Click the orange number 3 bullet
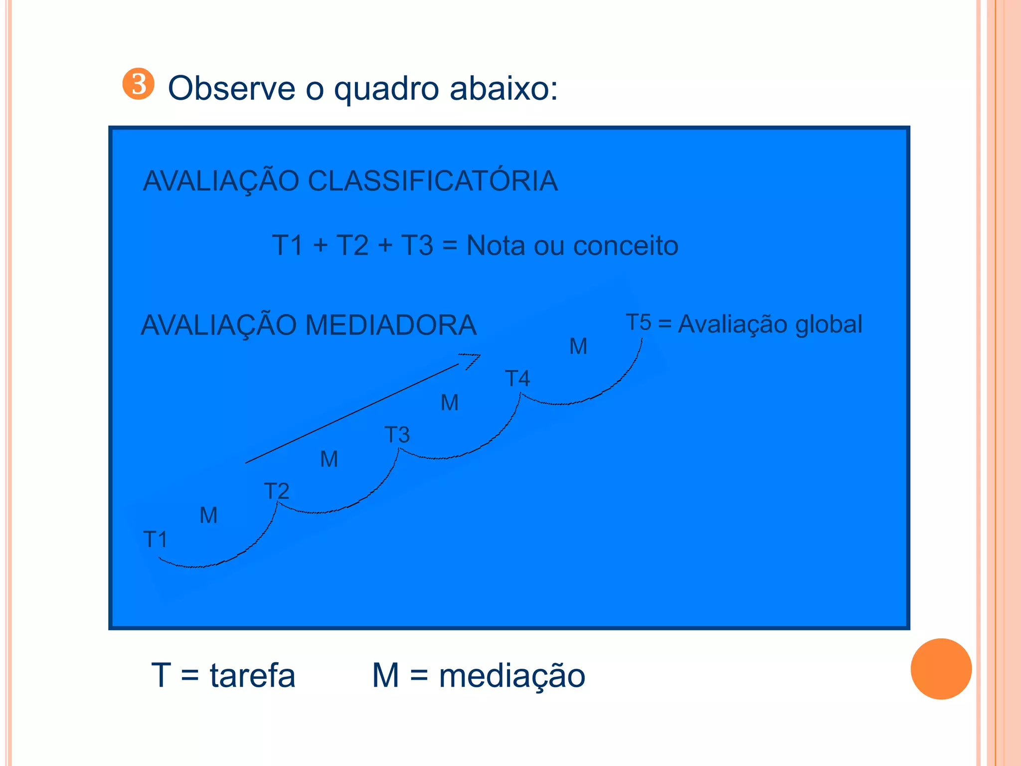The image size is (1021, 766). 138,84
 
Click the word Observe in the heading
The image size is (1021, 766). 231,89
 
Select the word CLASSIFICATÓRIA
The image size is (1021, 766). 432,181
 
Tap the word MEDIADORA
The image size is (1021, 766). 391,325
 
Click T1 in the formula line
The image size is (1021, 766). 288,245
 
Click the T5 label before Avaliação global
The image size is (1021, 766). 638,322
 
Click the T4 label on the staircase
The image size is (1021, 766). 517,379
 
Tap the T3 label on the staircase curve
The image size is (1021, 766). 397,435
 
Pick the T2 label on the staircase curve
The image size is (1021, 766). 276,491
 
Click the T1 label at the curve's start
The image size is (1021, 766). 155,540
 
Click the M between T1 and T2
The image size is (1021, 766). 208,515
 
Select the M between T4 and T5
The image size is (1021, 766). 578,346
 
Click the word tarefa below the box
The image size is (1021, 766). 252,676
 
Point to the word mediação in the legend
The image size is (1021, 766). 511,676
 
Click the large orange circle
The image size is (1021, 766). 941,669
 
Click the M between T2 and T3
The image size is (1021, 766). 329,459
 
